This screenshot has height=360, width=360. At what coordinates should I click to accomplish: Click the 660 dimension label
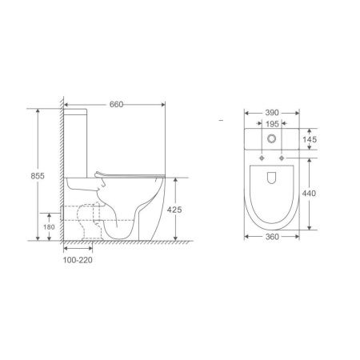point(116,104)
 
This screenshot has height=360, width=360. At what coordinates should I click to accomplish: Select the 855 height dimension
point(38,176)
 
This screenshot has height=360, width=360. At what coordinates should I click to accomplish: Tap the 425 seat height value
point(174,210)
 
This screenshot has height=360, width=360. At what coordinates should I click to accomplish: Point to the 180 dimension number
point(49,227)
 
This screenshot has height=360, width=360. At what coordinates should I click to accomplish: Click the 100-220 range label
point(78,260)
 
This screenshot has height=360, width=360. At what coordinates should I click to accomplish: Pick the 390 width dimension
point(272,113)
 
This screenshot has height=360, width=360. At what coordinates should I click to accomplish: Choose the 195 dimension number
point(272,124)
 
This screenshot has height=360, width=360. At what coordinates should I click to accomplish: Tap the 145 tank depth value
point(310,139)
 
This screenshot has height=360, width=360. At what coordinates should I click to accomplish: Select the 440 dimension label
point(309,193)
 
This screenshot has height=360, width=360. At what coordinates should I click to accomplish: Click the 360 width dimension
point(272,237)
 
